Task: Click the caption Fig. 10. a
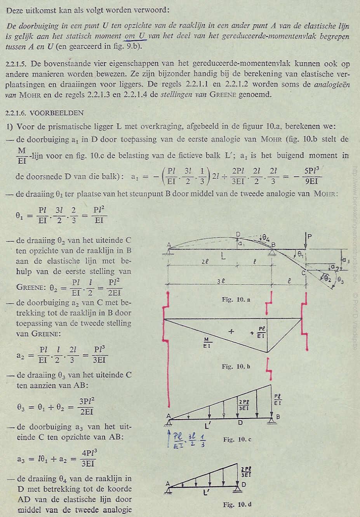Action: coord(236,299)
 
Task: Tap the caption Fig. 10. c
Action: coord(237,439)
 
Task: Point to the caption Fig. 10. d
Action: coord(237,505)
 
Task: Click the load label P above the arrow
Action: coord(309,236)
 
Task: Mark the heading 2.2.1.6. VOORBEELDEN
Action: coord(45,113)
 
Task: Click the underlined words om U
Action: coord(136,37)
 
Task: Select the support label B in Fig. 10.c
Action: coord(278,417)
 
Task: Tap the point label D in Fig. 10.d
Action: coord(243,484)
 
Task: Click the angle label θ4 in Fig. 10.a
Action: coord(266,237)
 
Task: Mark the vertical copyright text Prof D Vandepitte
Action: coord(355,320)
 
